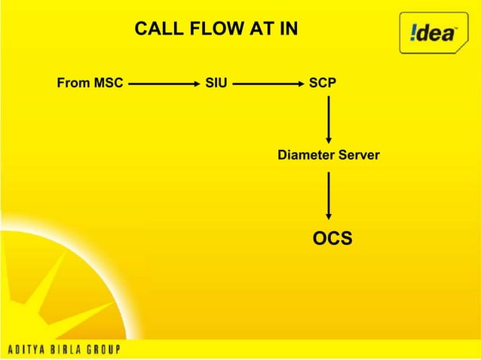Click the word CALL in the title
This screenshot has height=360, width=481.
point(153,30)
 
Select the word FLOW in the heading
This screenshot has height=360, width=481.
point(200,30)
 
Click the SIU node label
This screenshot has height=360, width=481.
point(216,83)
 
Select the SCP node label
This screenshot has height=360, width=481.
point(323,83)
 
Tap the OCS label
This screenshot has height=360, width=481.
point(332,239)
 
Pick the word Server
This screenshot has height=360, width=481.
point(360,156)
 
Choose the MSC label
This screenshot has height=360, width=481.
point(108,83)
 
